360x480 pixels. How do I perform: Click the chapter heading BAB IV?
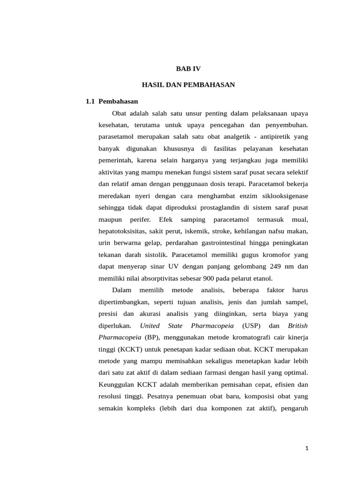188,68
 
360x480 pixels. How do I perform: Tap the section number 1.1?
91,101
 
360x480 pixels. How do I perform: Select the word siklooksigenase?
280,195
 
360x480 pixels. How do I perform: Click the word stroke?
223,231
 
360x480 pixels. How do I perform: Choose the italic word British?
298,325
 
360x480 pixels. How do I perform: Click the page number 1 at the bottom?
307,449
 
